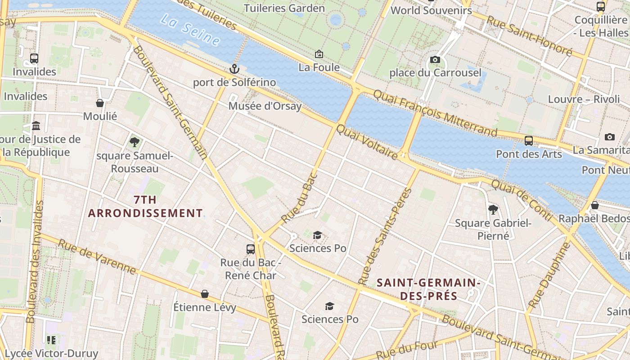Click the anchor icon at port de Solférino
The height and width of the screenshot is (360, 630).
[234, 69]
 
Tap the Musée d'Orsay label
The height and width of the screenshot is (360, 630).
[265, 106]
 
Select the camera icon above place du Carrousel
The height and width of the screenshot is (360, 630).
[435, 59]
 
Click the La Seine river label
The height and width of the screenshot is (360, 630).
[190, 31]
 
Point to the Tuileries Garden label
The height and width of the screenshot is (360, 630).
[284, 8]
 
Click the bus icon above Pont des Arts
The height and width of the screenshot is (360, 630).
[529, 141]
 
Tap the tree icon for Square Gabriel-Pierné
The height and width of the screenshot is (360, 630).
[493, 209]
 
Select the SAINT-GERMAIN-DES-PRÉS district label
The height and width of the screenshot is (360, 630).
[428, 289]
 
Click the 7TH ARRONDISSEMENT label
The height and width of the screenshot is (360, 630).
[145, 207]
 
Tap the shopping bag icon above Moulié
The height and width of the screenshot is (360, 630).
[100, 103]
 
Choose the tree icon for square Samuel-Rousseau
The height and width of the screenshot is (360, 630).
[134, 142]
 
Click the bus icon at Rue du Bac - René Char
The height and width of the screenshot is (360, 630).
[251, 249]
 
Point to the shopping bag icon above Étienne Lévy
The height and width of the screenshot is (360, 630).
[205, 294]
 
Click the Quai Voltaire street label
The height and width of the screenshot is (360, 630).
[367, 142]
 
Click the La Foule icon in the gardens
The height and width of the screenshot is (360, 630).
[319, 54]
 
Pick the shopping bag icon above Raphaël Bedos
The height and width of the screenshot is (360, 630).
[595, 205]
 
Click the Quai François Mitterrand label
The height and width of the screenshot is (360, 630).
[435, 112]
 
